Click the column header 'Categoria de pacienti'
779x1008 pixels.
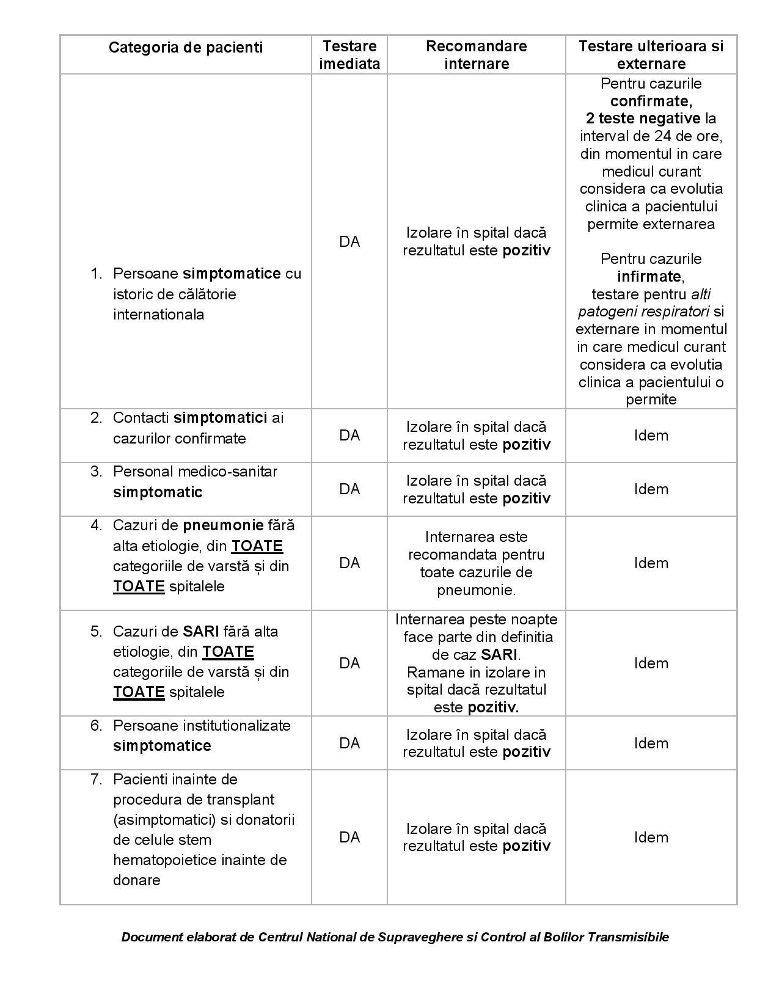pos(186,48)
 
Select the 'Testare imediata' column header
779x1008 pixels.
pos(349,55)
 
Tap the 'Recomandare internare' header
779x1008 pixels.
pos(476,55)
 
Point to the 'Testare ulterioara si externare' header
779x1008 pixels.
pos(651,55)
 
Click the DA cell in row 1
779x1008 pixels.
pos(349,242)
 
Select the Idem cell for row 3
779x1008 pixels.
pos(651,489)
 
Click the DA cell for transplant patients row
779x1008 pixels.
pos(349,838)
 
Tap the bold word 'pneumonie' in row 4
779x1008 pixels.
pos(223,525)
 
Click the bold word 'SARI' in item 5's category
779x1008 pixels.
pos(201,632)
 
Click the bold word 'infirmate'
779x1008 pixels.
pos(649,277)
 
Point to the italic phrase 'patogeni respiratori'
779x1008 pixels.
pos(643,312)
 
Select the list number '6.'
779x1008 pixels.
pos(96,726)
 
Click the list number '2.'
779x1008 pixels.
pos(96,418)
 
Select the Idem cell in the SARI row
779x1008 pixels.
pos(651,663)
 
